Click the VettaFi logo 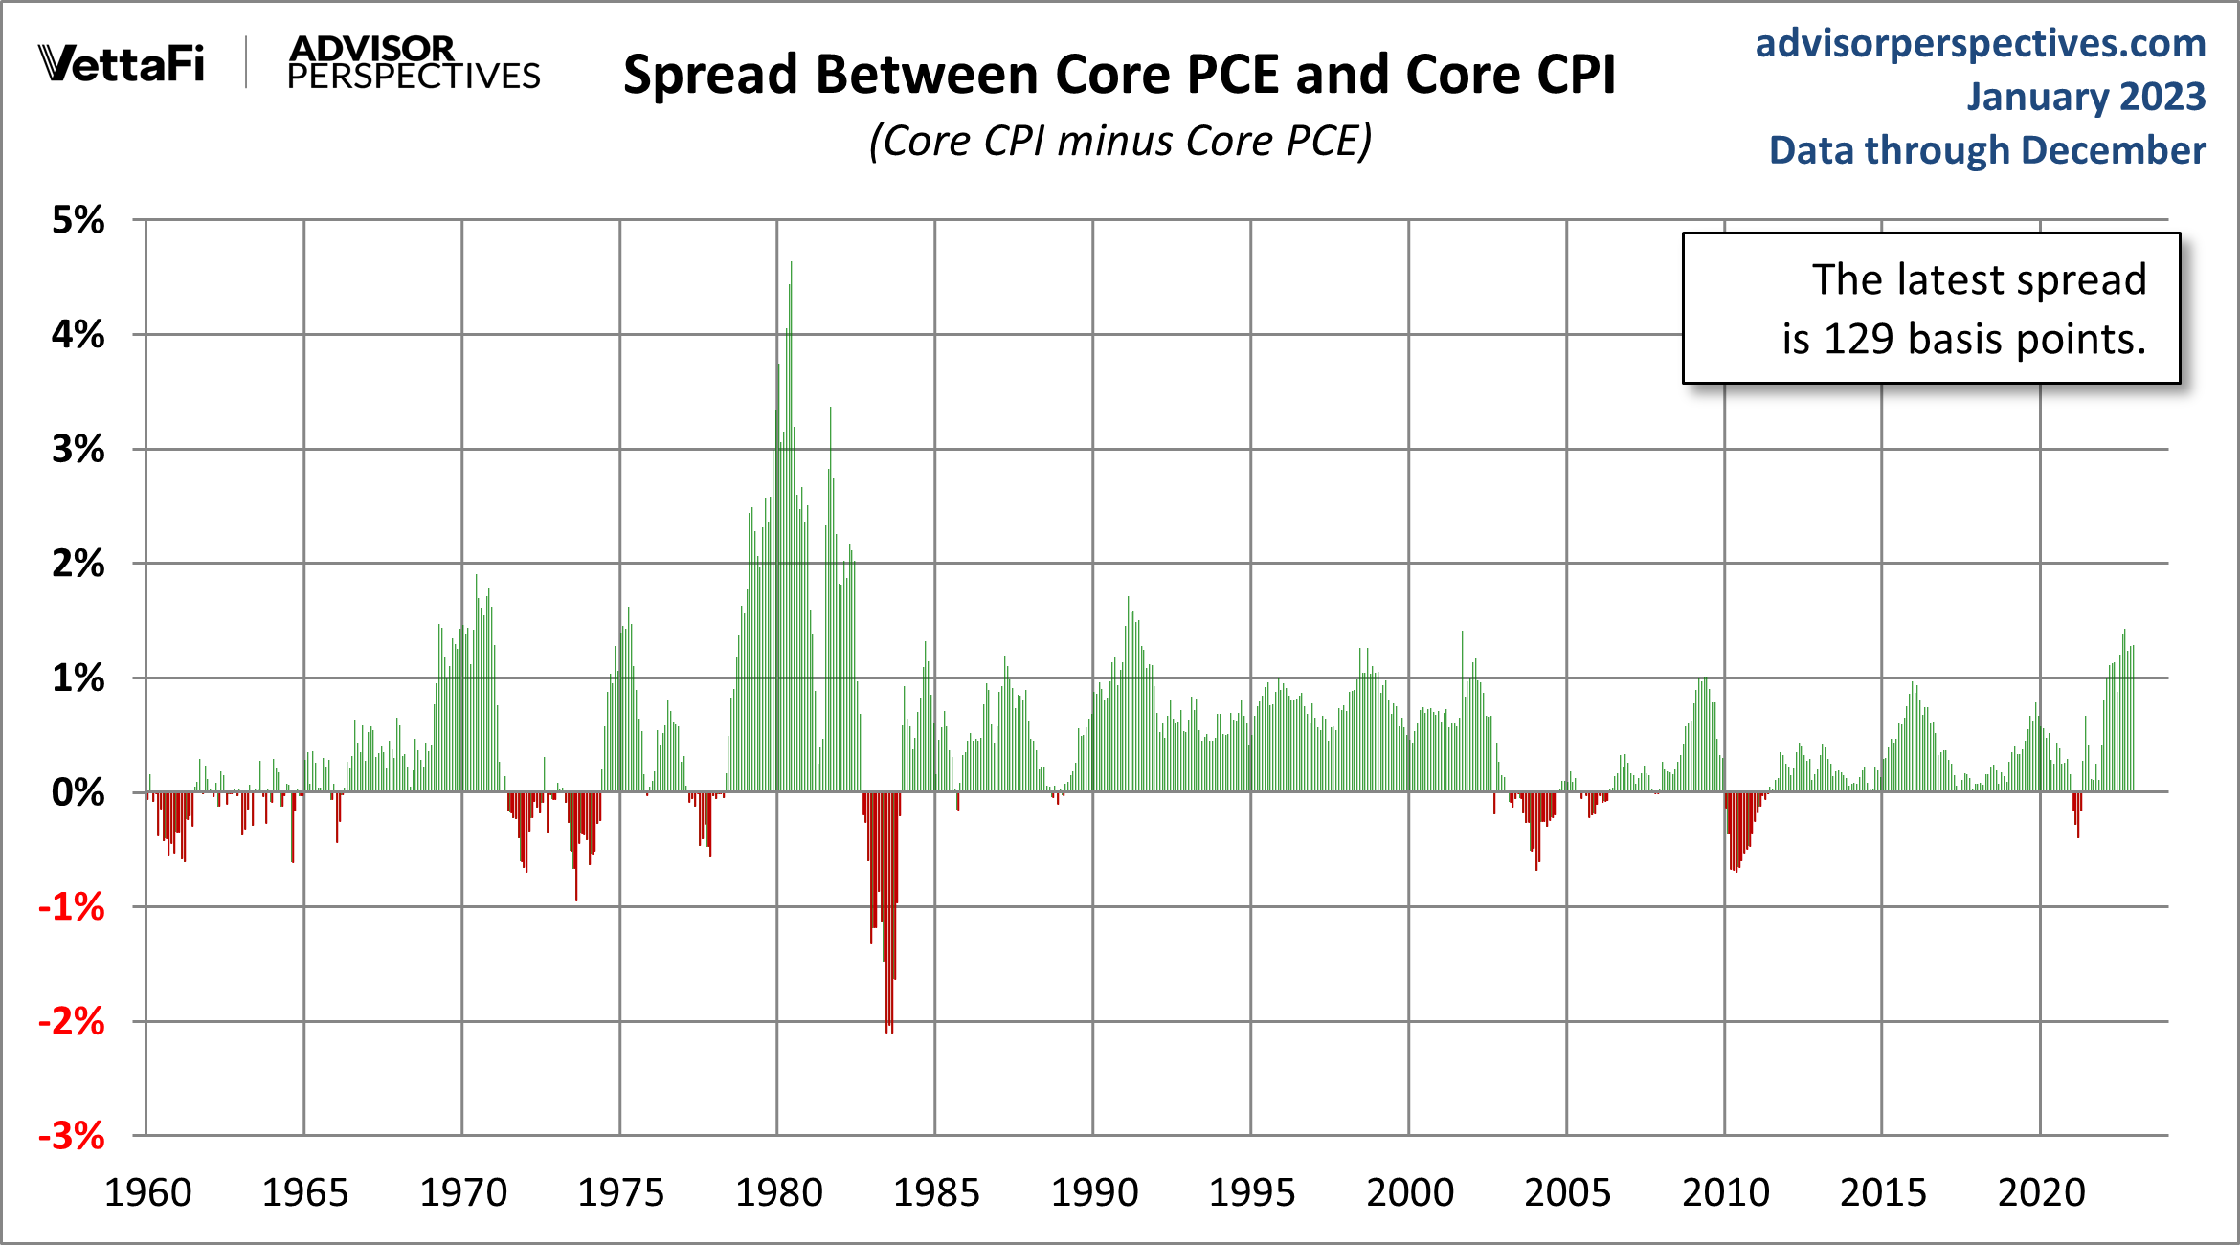122,64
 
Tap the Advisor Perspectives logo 413,63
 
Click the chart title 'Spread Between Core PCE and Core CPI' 1119,75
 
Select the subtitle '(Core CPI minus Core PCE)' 1120,141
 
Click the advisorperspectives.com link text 1980,44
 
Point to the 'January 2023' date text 2085,97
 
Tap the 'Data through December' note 1986,150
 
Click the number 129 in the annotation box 1858,339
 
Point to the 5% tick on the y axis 78,220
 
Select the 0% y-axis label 78,792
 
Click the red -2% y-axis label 72,1021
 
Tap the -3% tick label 72,1136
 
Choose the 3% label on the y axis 78,449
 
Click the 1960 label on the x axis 147,1192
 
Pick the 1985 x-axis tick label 936,1192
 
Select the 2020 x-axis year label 2041,1192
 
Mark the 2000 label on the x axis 1409,1192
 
